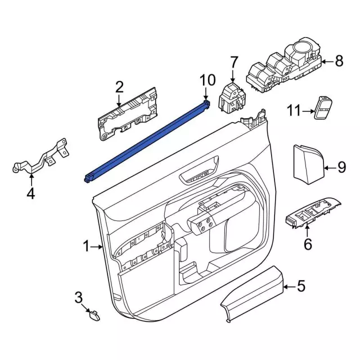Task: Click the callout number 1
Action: tap(87, 246)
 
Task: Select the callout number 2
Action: tap(119, 87)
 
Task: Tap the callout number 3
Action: tap(79, 298)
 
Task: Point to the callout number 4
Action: tap(30, 194)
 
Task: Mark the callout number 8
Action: tap(338, 61)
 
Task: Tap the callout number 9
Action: tap(341, 166)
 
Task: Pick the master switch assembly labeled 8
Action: tap(284, 70)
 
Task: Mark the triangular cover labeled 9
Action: tap(307, 163)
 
